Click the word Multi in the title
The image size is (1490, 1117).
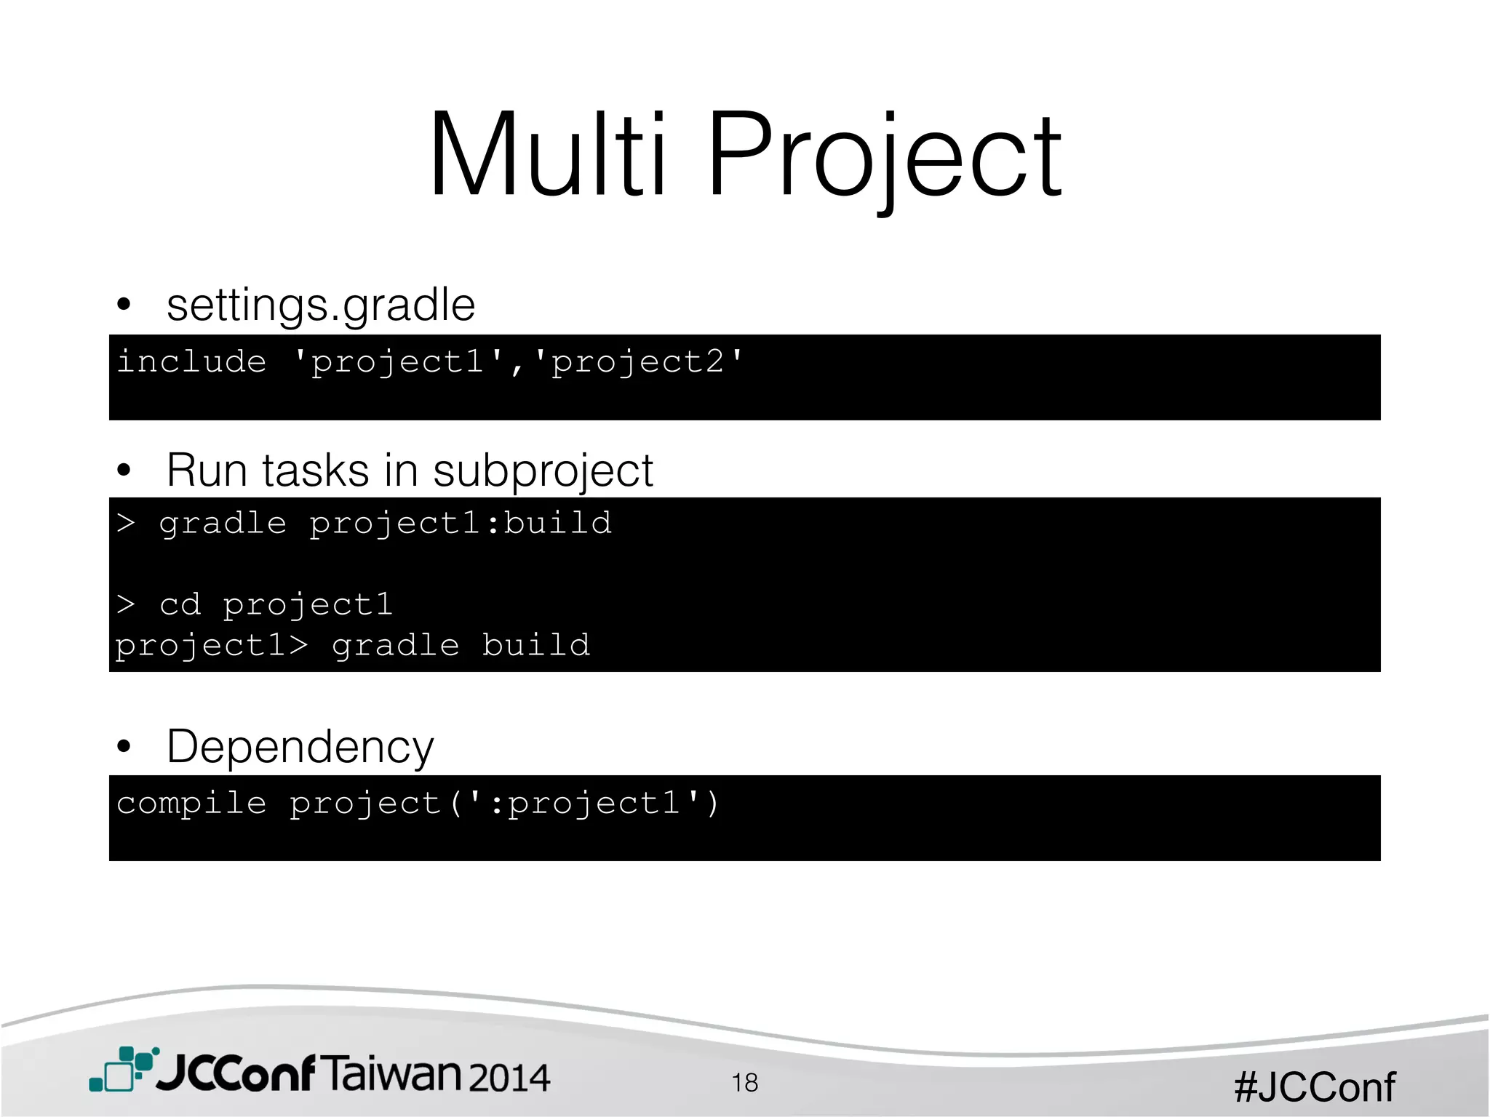(x=547, y=155)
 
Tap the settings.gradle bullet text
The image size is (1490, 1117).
(x=321, y=305)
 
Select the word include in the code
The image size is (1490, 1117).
(x=192, y=361)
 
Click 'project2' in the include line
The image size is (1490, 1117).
(x=638, y=361)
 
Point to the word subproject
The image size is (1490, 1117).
(x=543, y=471)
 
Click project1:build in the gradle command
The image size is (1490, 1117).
(x=461, y=523)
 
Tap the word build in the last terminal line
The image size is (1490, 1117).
(x=535, y=645)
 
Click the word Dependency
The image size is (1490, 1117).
(x=300, y=747)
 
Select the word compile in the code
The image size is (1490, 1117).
(x=192, y=803)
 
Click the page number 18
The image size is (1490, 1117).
(x=744, y=1082)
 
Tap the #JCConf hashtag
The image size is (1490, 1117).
(x=1314, y=1087)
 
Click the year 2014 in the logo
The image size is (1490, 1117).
(x=509, y=1077)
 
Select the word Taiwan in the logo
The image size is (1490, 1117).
(x=391, y=1073)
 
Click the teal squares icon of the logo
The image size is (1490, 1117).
(x=122, y=1069)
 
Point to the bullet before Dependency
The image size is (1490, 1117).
(x=124, y=746)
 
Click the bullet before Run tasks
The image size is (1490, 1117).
(x=124, y=470)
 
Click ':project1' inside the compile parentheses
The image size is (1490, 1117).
(x=585, y=803)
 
